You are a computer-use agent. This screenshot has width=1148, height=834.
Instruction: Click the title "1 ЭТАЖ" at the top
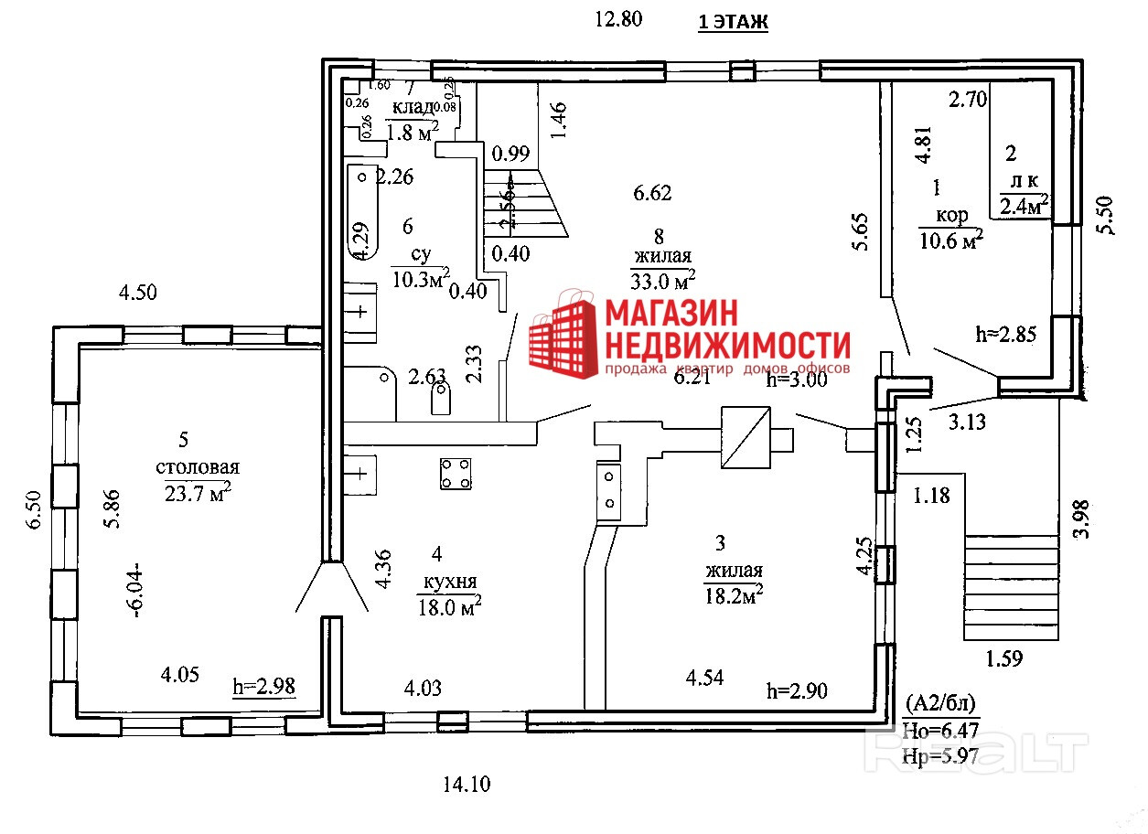click(733, 22)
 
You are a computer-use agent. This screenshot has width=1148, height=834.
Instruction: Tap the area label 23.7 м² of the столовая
click(197, 494)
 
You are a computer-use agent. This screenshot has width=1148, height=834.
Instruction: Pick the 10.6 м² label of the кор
click(950, 240)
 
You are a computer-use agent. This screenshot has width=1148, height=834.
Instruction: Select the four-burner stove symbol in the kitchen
click(456, 473)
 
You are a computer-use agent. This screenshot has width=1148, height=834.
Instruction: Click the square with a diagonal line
click(746, 437)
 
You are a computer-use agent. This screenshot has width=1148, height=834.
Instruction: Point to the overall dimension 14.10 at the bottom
click(467, 784)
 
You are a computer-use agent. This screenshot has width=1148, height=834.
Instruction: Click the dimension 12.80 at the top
click(620, 17)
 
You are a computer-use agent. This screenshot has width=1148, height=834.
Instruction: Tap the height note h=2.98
click(264, 686)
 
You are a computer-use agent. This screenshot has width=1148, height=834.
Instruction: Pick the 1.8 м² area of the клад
click(413, 132)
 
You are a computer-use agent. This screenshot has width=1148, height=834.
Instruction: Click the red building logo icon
click(559, 333)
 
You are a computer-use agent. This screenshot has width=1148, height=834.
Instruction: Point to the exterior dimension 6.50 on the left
click(35, 508)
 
